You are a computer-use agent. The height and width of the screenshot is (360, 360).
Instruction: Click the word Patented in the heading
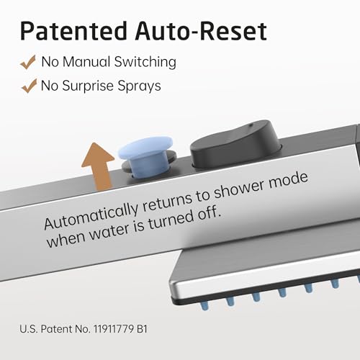pos(73,31)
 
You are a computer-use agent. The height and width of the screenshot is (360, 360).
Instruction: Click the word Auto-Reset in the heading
pos(201,31)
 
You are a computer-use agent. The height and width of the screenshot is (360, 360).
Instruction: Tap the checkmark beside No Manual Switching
pos(28,62)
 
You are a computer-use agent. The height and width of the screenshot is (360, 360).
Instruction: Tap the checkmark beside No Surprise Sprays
pos(29,86)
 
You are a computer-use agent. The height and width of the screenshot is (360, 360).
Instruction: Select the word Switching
pos(145,62)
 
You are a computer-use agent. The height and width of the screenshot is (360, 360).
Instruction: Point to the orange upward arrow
pos(99,166)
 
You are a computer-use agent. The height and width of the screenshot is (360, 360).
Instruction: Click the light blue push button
pos(146,156)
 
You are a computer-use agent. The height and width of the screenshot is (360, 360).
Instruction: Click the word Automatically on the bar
pos(91,216)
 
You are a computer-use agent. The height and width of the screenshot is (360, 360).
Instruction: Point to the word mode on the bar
pos(288,180)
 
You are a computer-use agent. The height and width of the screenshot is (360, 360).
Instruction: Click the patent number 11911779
pos(114,329)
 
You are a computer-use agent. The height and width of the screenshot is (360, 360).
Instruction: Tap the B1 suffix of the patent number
pos(142,329)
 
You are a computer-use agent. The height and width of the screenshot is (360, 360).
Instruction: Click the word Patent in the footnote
pos(56,329)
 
